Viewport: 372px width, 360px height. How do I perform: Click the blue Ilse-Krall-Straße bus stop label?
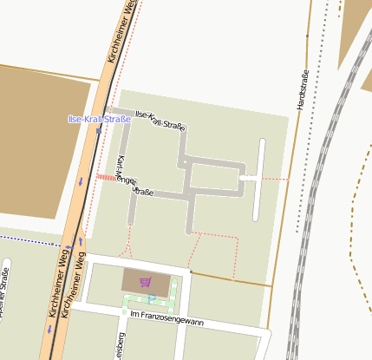[x=99, y=119]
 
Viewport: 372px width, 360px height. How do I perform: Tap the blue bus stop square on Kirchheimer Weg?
[x=99, y=129]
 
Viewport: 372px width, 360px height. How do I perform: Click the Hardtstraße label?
[x=303, y=89]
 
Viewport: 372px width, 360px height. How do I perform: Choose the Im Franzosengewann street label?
[x=172, y=322]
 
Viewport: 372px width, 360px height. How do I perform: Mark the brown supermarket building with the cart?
[x=134, y=281]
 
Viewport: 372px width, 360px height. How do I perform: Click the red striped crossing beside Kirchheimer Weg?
[x=105, y=178]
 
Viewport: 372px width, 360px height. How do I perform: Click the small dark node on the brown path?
[x=191, y=272]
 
